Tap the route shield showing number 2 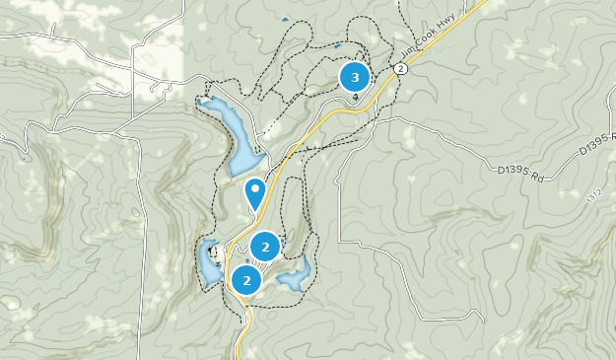pos(401,69)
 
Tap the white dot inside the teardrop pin pos(256,188)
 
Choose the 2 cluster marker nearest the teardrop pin pos(265,247)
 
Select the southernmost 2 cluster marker pos(245,281)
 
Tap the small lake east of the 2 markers pos(297,275)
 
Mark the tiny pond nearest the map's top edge pos(285,19)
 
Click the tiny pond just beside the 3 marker pos(337,45)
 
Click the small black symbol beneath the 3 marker pos(355,96)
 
